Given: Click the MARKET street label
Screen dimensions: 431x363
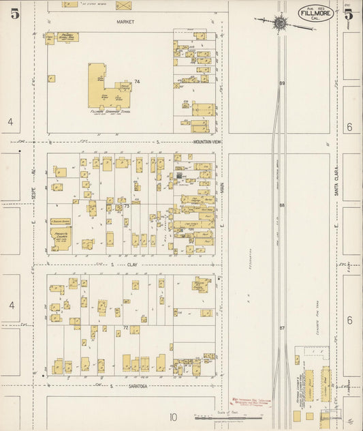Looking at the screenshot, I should click(x=125, y=22).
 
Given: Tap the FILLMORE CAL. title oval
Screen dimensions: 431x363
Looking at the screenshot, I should click(x=315, y=13).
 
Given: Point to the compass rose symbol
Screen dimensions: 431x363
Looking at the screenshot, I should click(x=279, y=24).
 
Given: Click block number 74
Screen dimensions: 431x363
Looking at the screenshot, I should click(x=137, y=82).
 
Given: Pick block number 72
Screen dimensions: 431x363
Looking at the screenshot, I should click(x=126, y=328).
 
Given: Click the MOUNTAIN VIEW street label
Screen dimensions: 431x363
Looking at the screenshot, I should click(x=207, y=142).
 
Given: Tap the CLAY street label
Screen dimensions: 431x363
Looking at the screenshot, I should click(x=132, y=263).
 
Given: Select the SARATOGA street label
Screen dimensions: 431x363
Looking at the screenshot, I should click(x=138, y=386).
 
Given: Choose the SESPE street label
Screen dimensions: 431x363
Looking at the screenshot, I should click(x=31, y=182).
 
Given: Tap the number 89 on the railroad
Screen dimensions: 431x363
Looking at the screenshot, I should click(x=281, y=83).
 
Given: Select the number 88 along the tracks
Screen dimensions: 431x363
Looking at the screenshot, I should click(x=281, y=205).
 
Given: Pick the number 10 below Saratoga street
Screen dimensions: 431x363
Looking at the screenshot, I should click(x=174, y=417).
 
